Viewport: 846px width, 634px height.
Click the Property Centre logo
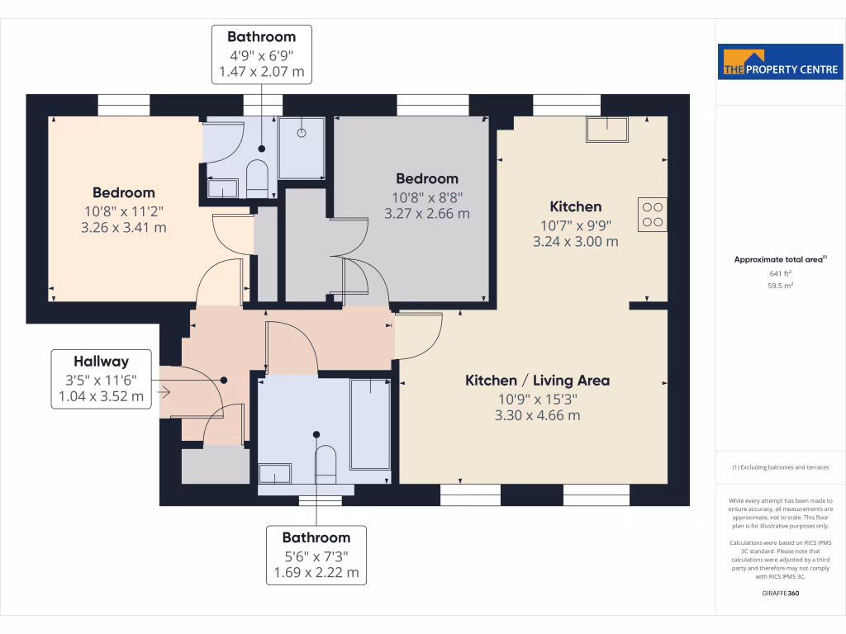click(780, 62)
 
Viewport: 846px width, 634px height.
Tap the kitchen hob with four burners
click(652, 214)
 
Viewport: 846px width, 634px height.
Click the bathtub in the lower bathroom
click(369, 423)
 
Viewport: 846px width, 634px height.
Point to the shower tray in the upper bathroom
click(302, 147)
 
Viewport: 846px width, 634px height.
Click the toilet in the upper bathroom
click(257, 178)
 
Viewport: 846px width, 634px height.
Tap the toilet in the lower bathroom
click(326, 465)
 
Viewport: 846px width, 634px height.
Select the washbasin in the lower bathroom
click(275, 474)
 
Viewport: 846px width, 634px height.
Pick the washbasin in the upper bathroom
click(221, 189)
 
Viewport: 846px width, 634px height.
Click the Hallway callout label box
click(101, 379)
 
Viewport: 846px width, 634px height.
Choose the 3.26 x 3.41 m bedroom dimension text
click(124, 227)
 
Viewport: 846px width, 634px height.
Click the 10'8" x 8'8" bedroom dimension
click(426, 197)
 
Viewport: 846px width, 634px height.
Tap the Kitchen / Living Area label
click(537, 381)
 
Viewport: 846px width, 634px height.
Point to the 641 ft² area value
click(780, 273)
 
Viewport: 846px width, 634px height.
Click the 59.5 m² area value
click(780, 286)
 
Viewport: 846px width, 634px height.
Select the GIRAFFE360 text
click(780, 593)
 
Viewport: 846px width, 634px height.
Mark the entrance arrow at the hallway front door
click(164, 392)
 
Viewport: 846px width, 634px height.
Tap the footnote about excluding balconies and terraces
click(780, 467)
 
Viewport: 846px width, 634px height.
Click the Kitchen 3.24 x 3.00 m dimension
click(576, 242)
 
